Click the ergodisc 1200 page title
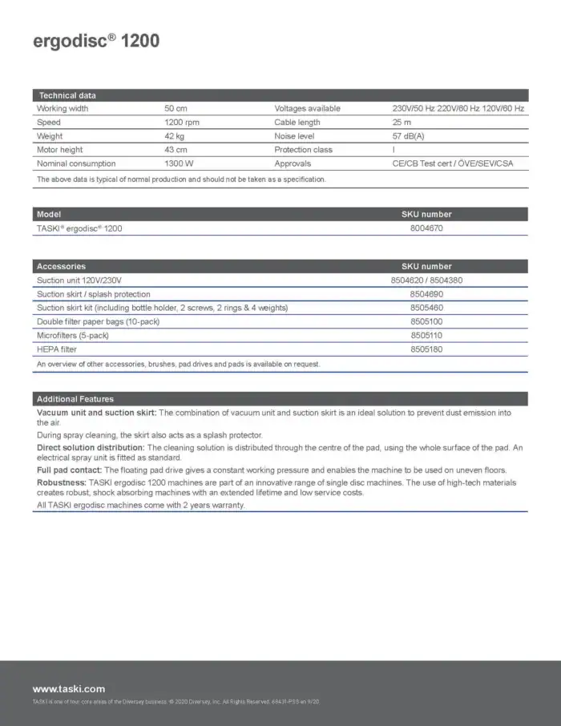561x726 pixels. click(x=95, y=41)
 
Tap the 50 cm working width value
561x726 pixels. click(x=176, y=109)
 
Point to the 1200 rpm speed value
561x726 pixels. click(x=182, y=123)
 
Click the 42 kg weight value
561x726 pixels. click(x=176, y=136)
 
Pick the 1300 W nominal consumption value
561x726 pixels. click(x=180, y=163)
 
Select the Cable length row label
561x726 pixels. click(x=297, y=123)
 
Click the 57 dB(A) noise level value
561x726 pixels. click(x=408, y=136)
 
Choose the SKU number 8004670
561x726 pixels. click(x=426, y=228)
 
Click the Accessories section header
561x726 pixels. click(x=61, y=266)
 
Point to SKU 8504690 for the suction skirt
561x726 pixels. click(x=426, y=294)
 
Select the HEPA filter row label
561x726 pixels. click(x=57, y=349)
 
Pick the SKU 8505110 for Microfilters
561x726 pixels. click(x=426, y=336)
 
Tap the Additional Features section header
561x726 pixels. click(x=75, y=399)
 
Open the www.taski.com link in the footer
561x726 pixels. click(x=68, y=688)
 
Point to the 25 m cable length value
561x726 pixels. click(x=402, y=123)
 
